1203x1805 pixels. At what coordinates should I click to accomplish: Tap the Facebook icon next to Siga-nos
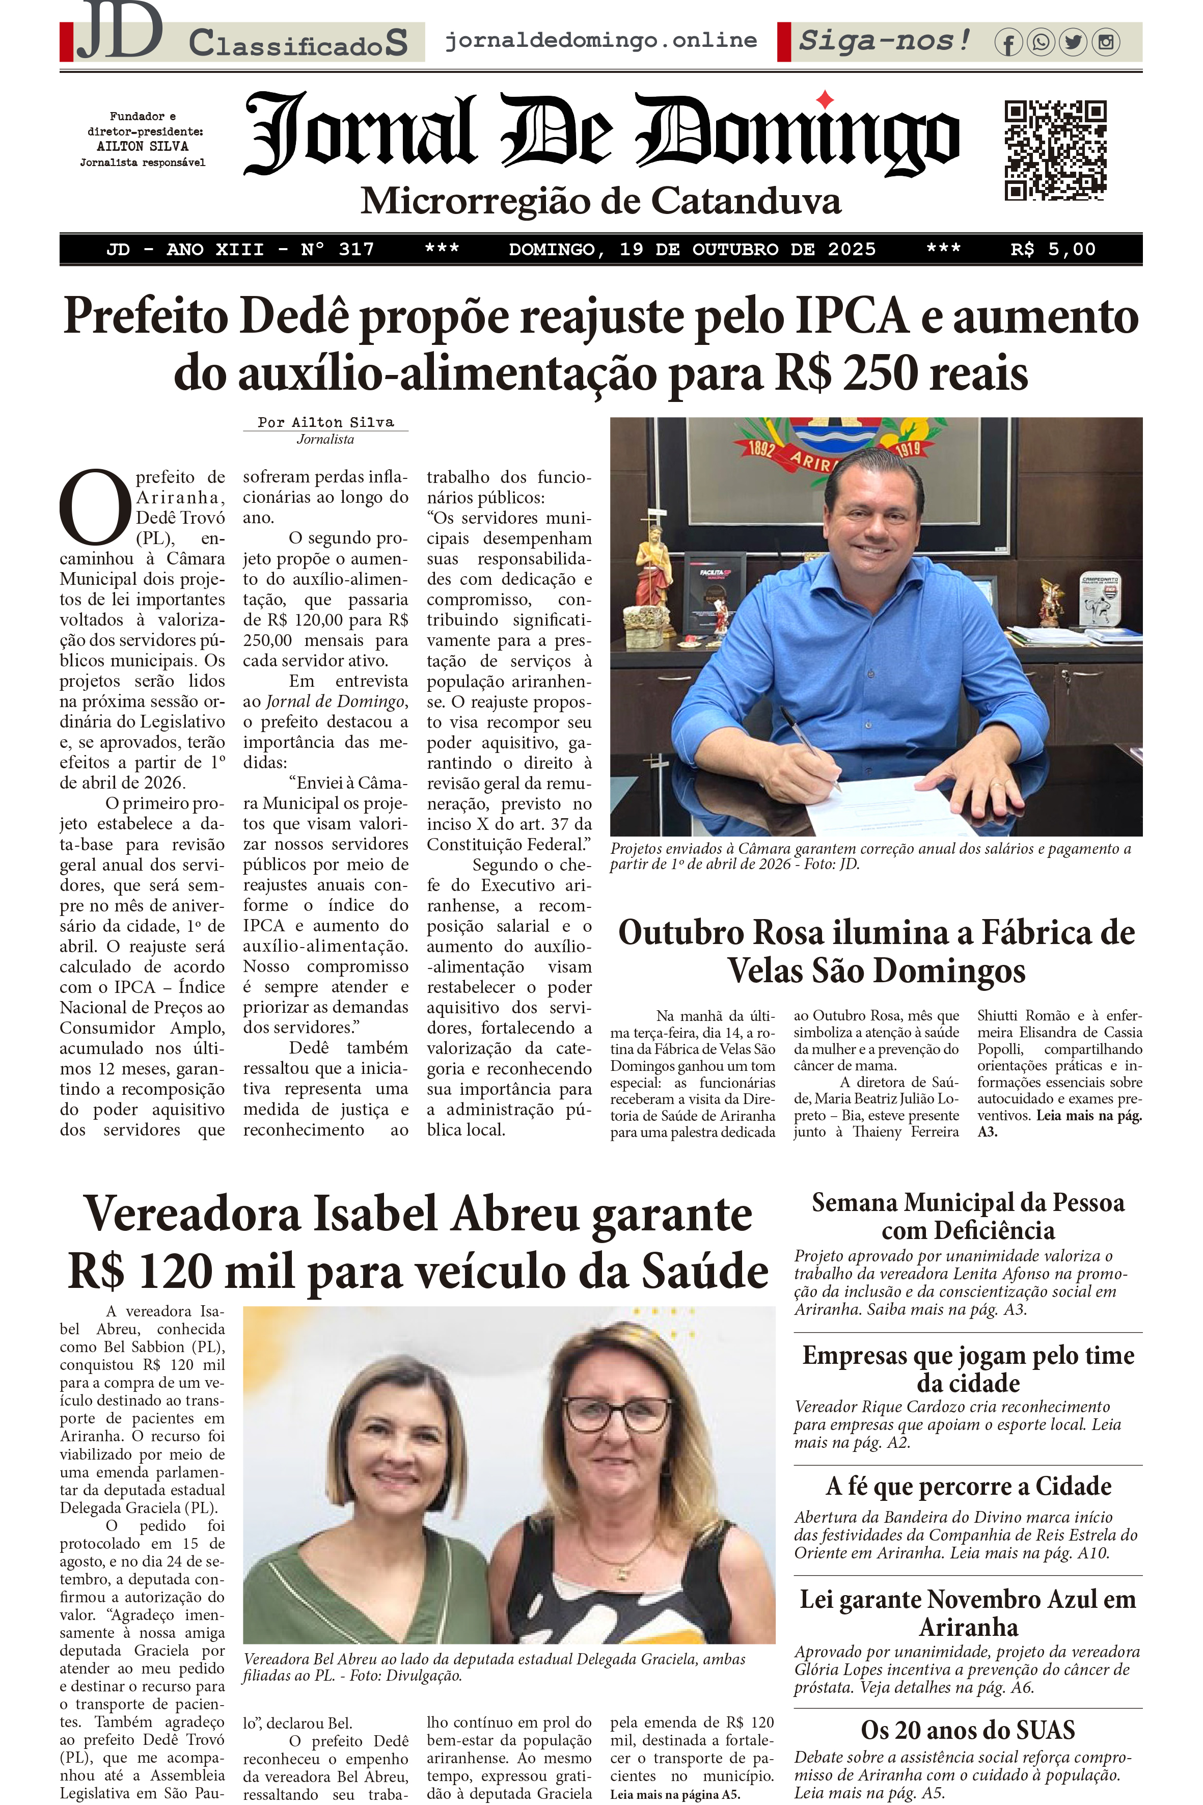click(x=1008, y=43)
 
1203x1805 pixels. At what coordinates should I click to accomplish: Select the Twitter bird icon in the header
click(x=1073, y=42)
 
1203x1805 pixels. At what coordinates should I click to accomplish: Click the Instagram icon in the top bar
click(x=1106, y=42)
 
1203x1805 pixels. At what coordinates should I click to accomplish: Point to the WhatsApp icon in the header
click(x=1041, y=42)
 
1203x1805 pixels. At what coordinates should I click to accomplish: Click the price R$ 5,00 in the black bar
click(x=1053, y=250)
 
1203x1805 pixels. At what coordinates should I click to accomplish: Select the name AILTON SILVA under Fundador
click(x=143, y=146)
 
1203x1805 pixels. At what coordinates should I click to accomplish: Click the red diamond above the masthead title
click(x=825, y=99)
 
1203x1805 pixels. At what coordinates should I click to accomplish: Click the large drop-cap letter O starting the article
click(x=95, y=506)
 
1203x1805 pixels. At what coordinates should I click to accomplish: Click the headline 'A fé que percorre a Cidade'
click(x=968, y=1486)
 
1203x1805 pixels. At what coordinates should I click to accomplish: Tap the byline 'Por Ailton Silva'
click(x=325, y=422)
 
